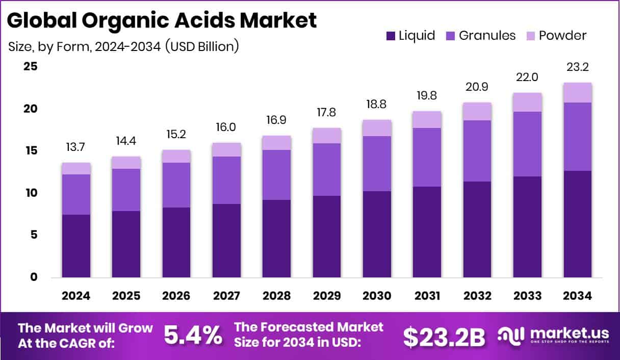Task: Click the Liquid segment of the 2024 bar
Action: pos(76,246)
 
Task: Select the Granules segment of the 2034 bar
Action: pos(578,137)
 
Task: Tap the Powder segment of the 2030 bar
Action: pos(377,128)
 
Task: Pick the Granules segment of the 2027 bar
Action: pos(227,180)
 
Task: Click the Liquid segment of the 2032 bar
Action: pos(477,229)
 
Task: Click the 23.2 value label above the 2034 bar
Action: pos(578,67)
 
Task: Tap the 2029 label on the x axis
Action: pos(327,296)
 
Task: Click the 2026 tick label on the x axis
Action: pos(176,296)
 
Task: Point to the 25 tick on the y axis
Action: pos(30,67)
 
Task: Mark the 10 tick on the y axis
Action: pos(30,193)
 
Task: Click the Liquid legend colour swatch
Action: pos(391,36)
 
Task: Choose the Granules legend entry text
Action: pos(487,36)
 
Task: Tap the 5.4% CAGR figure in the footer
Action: pos(193,336)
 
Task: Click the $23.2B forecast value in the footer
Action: pos(444,337)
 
